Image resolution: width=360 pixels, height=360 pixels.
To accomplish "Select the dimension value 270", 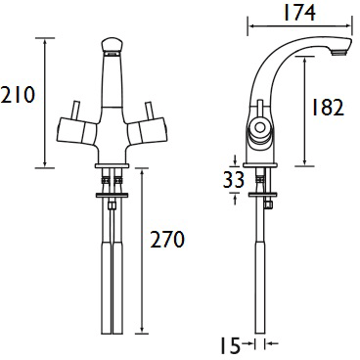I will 167,239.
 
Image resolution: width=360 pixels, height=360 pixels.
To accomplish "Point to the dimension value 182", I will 326,109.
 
